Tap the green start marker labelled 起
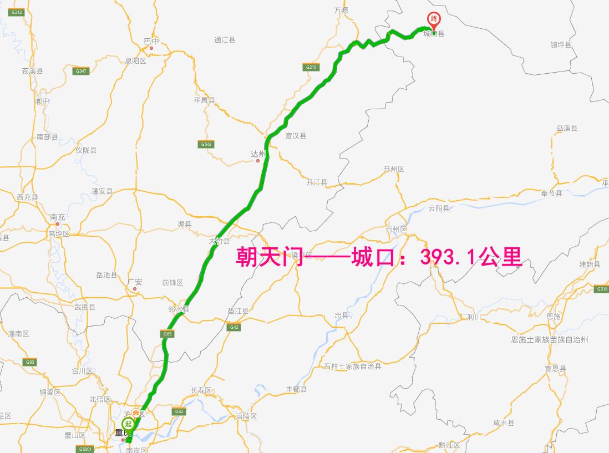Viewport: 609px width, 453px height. pyautogui.click(x=128, y=424)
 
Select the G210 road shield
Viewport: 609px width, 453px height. pyautogui.click(x=311, y=67)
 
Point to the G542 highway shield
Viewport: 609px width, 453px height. pyautogui.click(x=206, y=144)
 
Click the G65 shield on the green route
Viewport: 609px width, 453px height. pyautogui.click(x=166, y=334)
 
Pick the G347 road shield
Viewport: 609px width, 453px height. pyautogui.click(x=81, y=71)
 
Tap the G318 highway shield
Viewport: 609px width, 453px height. pyautogui.click(x=601, y=289)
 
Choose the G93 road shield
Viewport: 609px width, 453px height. pyautogui.click(x=29, y=362)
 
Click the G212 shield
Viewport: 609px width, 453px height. pyautogui.click(x=17, y=12)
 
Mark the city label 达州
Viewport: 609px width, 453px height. pyautogui.click(x=258, y=154)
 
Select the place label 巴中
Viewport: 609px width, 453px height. pyautogui.click(x=151, y=41)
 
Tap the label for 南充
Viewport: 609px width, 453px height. pyautogui.click(x=58, y=217)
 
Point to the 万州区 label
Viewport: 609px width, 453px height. pyautogui.click(x=397, y=230)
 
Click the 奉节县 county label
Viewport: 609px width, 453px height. pyautogui.click(x=551, y=194)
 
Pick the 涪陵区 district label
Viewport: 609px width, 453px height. pyautogui.click(x=246, y=416)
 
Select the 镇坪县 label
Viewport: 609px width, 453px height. pyautogui.click(x=561, y=44)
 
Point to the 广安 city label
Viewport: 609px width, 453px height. pyautogui.click(x=135, y=282)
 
